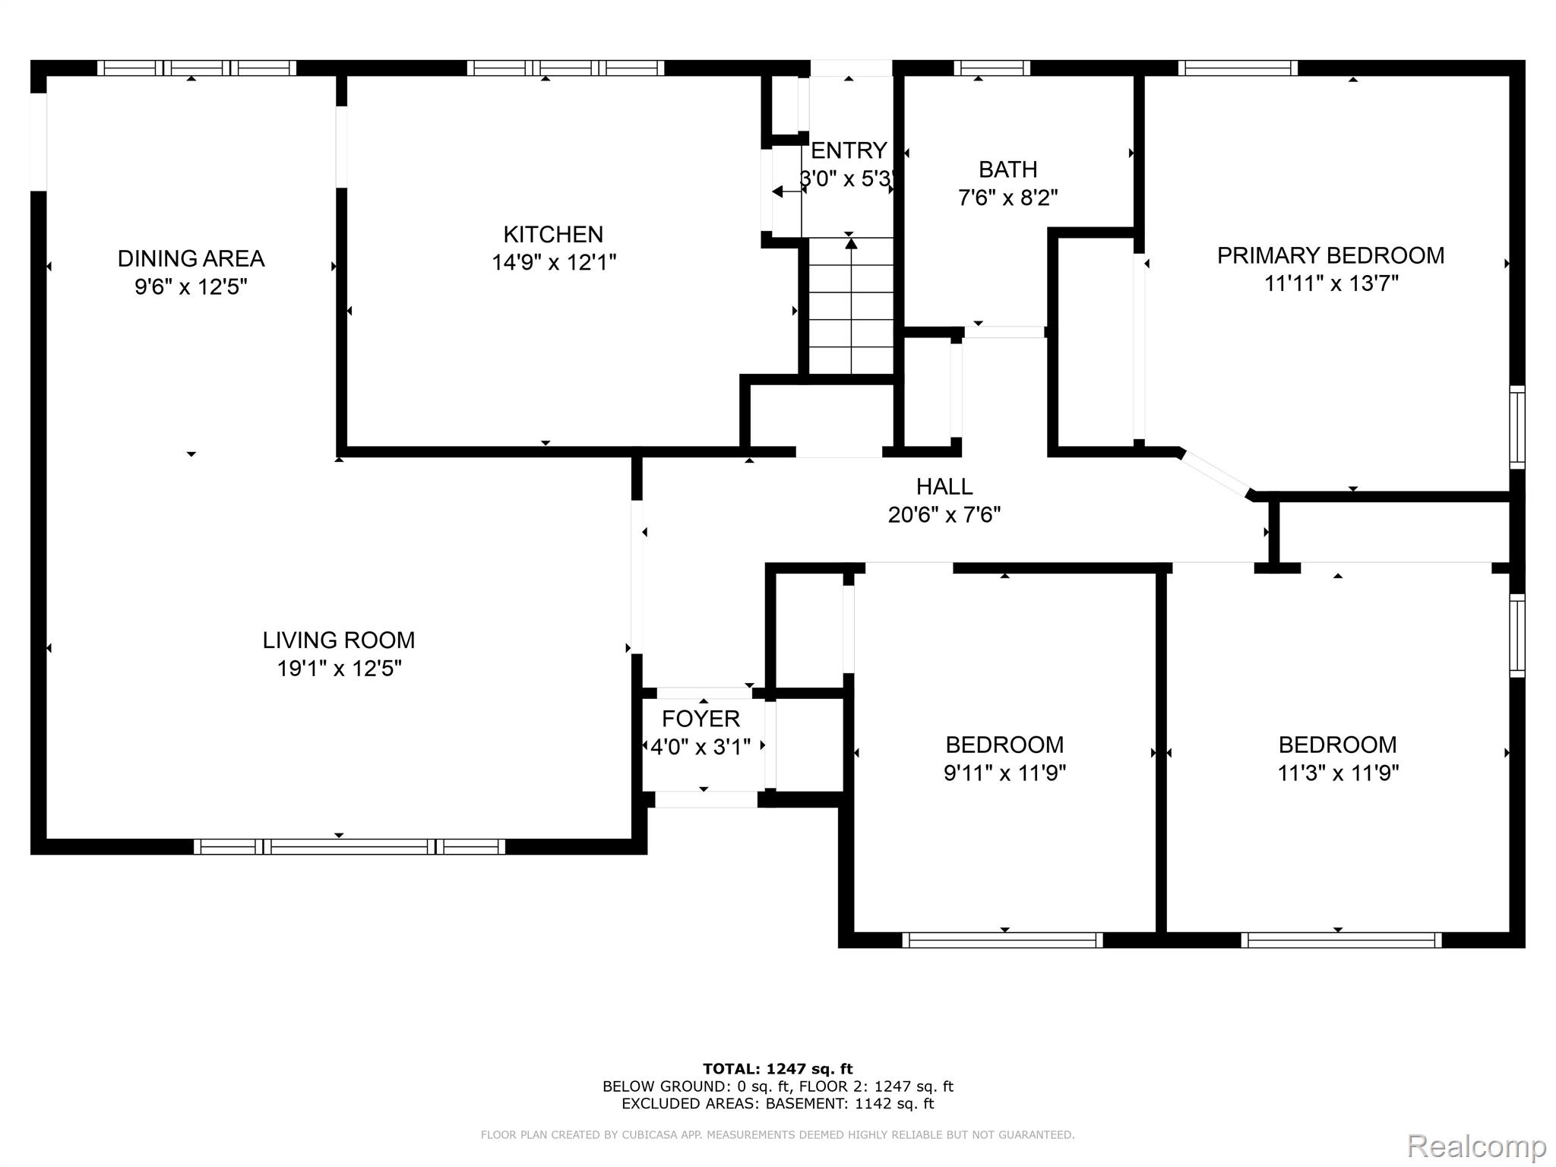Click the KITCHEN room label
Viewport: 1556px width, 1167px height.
(x=553, y=234)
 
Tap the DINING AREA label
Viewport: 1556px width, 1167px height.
(x=191, y=258)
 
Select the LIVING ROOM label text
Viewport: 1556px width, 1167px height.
(x=339, y=640)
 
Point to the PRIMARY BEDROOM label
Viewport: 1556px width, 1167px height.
(x=1331, y=255)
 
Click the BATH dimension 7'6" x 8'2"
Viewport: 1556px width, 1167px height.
(x=1008, y=198)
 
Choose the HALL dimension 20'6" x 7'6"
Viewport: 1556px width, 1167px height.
(x=944, y=515)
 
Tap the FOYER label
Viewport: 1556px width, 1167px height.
(x=701, y=719)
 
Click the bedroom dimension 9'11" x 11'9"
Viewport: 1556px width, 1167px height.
(x=1005, y=773)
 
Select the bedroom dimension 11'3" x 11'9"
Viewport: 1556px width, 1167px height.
(x=1338, y=773)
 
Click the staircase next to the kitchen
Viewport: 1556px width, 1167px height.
(x=851, y=305)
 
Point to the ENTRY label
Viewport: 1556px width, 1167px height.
(x=849, y=150)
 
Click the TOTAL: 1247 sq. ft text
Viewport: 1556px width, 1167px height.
(x=778, y=1069)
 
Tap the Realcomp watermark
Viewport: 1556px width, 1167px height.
(x=1476, y=1146)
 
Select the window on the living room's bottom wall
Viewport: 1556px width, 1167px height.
(x=349, y=846)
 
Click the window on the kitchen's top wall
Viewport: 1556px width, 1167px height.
(x=565, y=68)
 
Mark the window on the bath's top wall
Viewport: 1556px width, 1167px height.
(x=992, y=68)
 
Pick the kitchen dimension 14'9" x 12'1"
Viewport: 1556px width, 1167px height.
(x=554, y=263)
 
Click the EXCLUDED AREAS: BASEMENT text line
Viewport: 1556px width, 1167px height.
(x=778, y=1104)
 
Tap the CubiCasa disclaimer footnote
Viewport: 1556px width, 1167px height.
(x=778, y=1135)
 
